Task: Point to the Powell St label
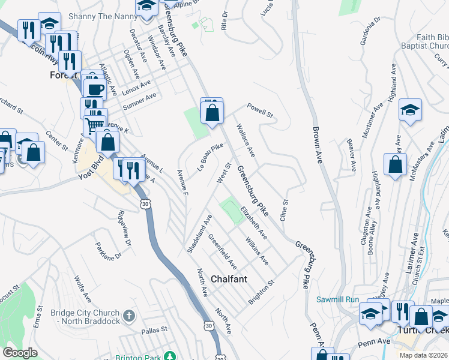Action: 261,111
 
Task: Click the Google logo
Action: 20,352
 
